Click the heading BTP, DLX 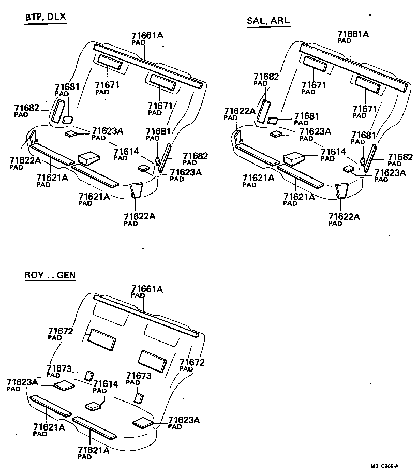[x=45, y=18]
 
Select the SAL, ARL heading [x=269, y=21]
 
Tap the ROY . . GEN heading [x=50, y=275]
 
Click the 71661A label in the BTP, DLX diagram [x=147, y=36]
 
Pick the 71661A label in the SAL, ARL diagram [x=353, y=34]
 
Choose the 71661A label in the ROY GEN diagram [x=147, y=288]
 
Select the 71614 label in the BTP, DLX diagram [x=127, y=151]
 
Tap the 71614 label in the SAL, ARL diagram [x=334, y=152]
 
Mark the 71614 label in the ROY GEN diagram [x=106, y=384]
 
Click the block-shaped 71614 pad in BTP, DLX [x=87, y=156]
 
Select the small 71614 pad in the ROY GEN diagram [x=93, y=406]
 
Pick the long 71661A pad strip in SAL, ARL [x=354, y=66]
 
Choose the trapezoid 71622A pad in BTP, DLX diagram [x=136, y=189]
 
